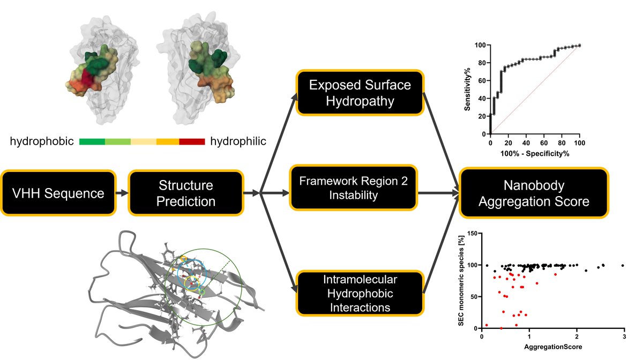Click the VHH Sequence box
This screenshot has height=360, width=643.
(58, 193)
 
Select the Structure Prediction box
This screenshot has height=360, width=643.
(186, 193)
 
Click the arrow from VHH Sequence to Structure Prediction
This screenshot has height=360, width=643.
(122, 193)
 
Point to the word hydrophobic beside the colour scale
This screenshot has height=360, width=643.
(42, 141)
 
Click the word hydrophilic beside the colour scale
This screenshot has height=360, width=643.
(238, 141)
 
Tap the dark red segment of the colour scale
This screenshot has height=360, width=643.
(192, 141)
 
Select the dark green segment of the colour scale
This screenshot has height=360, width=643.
(92, 141)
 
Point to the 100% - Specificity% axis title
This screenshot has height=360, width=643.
(535, 154)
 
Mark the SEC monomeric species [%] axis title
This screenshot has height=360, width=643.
(460, 281)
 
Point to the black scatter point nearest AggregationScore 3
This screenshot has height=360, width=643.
(623, 265)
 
